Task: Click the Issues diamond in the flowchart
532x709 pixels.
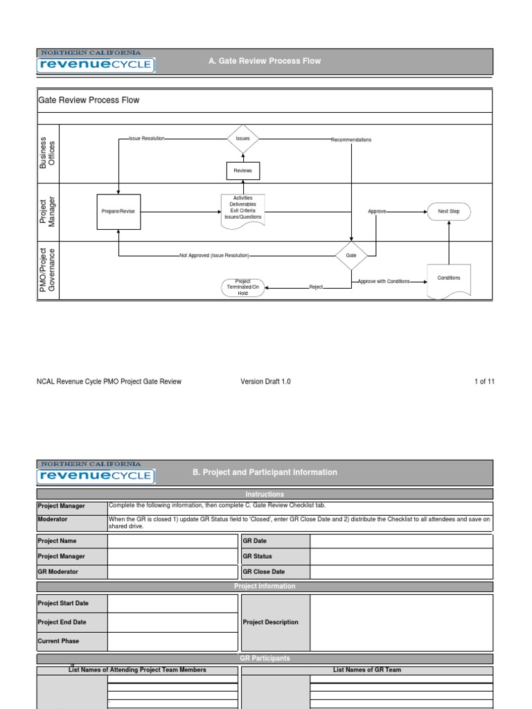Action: point(243,138)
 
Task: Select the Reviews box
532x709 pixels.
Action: point(243,170)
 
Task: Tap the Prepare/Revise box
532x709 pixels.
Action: point(118,211)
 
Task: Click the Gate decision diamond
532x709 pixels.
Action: point(351,255)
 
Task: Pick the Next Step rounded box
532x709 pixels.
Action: point(449,211)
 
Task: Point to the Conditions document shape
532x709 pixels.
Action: point(449,279)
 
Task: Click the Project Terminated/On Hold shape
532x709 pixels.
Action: point(243,287)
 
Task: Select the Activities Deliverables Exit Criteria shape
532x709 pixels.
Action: point(243,208)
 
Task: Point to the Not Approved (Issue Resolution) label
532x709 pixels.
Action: point(214,255)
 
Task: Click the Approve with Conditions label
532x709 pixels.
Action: point(384,282)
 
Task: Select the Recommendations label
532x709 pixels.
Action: point(351,140)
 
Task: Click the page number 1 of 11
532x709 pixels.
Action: point(484,382)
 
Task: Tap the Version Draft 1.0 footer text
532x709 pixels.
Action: point(265,382)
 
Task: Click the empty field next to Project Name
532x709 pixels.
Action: point(172,541)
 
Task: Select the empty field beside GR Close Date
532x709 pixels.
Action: point(401,573)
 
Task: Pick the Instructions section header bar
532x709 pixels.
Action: point(265,494)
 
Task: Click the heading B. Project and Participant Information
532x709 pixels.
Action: point(265,472)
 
